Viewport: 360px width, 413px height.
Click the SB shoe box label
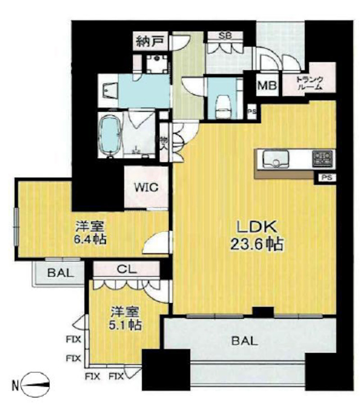[225, 36]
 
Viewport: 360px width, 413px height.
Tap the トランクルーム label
[309, 83]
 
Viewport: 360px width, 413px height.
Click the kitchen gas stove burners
[323, 158]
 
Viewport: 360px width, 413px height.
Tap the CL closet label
[126, 269]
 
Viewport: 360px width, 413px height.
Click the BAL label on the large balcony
[245, 341]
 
